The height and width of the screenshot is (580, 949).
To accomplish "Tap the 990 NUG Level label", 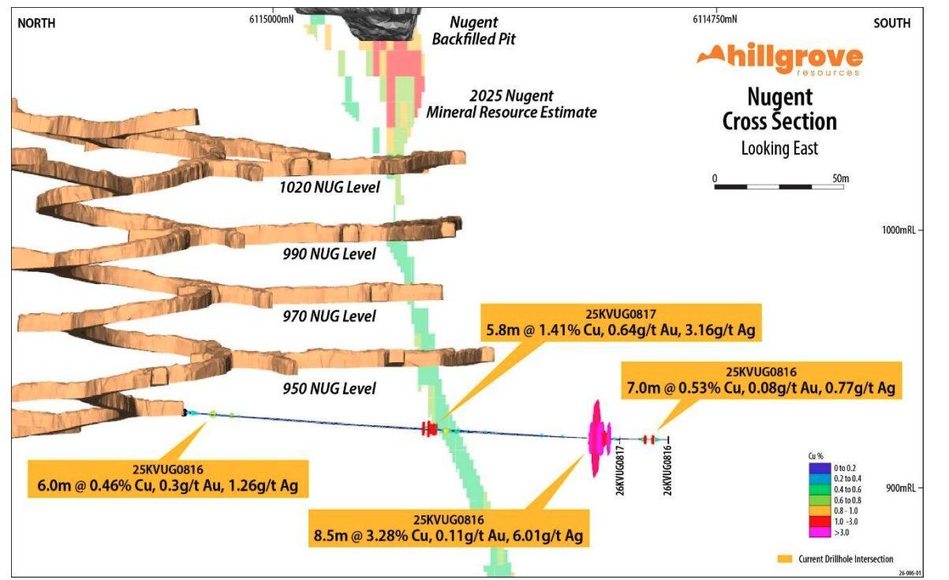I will pyautogui.click(x=329, y=254).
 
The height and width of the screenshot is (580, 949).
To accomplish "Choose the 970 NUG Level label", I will pyautogui.click(x=329, y=316).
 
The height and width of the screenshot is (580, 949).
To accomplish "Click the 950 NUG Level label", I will pyautogui.click(x=329, y=388).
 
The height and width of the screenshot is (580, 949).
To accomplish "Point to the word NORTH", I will pyautogui.click(x=36, y=23).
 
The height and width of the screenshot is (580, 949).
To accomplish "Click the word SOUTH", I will pyautogui.click(x=891, y=23).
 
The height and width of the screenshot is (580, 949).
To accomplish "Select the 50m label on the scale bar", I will pyautogui.click(x=840, y=178).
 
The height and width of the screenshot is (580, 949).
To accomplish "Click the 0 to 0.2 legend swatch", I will pyautogui.click(x=815, y=469).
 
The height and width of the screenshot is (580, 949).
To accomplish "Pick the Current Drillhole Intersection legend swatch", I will pyautogui.click(x=784, y=559).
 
